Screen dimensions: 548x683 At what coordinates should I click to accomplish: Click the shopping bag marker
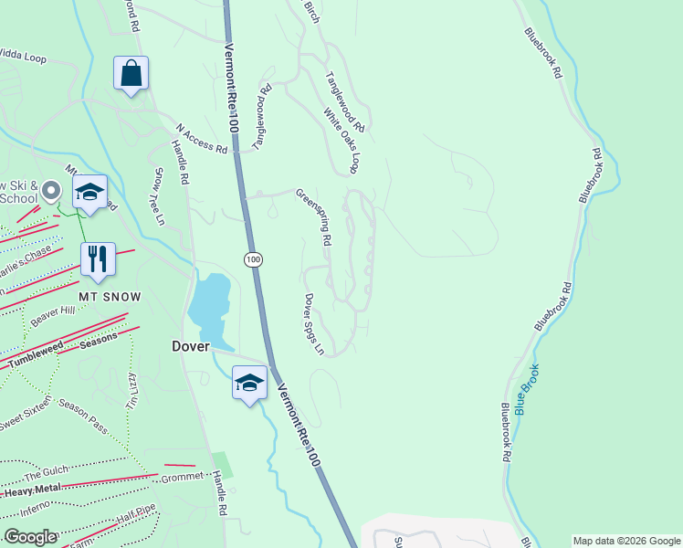point(131,74)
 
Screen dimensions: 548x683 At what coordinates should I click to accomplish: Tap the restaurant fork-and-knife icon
point(98,259)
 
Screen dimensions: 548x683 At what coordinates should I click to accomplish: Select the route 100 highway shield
point(253,260)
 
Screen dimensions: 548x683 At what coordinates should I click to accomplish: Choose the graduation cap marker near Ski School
point(89,192)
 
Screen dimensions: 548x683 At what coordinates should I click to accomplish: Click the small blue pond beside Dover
point(209,305)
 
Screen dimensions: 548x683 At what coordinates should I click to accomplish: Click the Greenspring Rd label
point(312,217)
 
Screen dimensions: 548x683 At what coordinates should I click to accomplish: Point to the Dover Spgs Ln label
point(313,324)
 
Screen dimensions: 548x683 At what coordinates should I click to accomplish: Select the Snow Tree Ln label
point(158,196)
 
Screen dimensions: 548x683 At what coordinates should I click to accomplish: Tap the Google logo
point(29,537)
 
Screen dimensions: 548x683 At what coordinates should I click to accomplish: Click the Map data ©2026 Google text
point(626,541)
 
